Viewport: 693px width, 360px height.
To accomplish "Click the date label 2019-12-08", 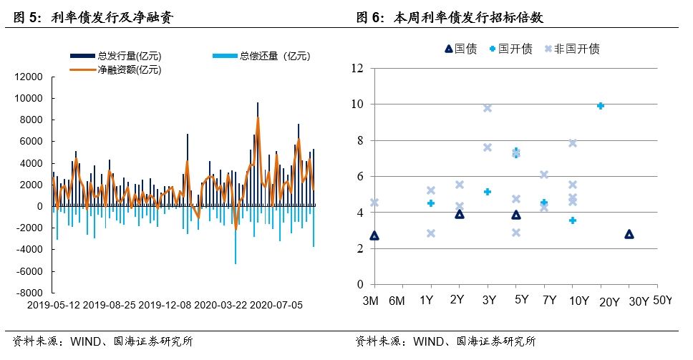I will click(x=165, y=305).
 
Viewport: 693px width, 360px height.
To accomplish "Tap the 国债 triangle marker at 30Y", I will click(x=629, y=234).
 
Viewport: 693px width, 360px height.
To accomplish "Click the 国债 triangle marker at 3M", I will click(x=374, y=235).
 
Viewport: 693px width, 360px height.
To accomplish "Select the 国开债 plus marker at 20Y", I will click(x=601, y=106).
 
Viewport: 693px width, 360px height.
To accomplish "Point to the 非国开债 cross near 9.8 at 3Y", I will click(x=488, y=108).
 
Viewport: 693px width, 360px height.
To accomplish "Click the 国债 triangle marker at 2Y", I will click(x=460, y=214).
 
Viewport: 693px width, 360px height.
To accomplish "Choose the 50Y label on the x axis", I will click(x=663, y=301).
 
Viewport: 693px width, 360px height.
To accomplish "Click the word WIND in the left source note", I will click(x=85, y=342).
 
